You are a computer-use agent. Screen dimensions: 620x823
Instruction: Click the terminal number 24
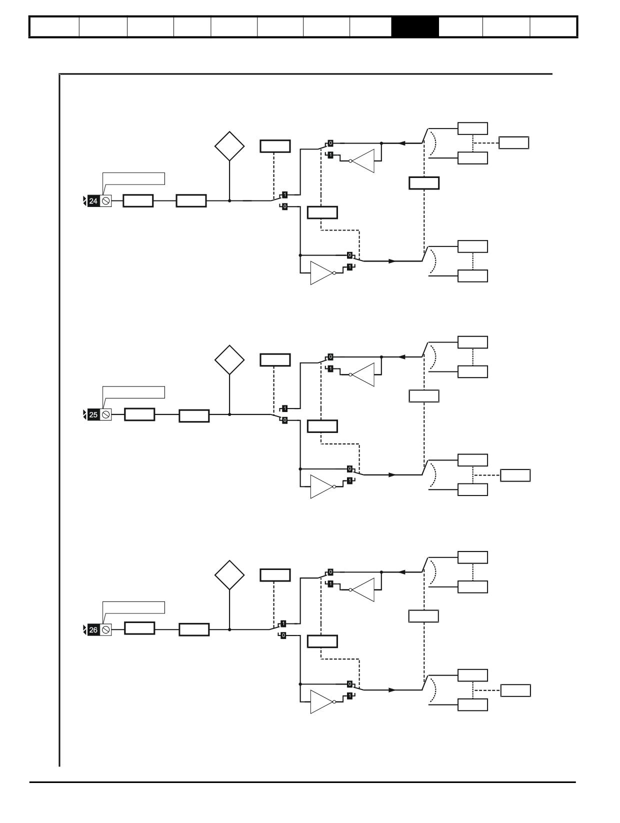tap(93, 201)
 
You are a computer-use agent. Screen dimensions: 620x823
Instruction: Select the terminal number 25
tap(93, 414)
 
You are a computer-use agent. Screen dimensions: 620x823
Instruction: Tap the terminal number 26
tap(93, 630)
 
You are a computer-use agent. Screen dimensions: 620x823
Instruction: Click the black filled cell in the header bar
tap(415, 26)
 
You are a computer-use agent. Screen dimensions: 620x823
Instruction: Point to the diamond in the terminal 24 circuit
tap(229, 146)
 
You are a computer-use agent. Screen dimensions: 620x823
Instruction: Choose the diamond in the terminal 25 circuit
tap(229, 360)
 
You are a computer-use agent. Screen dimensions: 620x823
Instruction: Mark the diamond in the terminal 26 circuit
tap(229, 575)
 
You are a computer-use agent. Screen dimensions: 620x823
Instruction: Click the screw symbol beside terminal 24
tap(105, 201)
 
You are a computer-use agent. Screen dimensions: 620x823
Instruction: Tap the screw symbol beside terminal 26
tap(105, 630)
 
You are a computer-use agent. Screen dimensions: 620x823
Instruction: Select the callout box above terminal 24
tap(133, 178)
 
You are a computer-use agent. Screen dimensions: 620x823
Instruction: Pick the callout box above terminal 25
tap(133, 392)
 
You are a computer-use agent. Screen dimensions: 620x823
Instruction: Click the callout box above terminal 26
tap(133, 607)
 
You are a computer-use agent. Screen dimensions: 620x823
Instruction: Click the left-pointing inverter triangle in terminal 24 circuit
tap(363, 161)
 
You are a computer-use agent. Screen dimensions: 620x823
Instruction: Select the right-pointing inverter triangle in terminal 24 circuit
tap(321, 273)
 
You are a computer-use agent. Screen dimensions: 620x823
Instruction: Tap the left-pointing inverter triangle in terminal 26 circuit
tap(363, 590)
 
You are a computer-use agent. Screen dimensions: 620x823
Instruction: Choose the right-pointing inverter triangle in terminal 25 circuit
tap(321, 486)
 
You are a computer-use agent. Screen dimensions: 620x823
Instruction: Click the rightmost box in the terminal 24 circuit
tap(513, 143)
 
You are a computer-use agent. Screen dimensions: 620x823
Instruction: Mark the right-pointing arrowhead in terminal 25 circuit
tap(392, 474)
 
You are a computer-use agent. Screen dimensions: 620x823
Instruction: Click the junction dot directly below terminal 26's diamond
tap(229, 629)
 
